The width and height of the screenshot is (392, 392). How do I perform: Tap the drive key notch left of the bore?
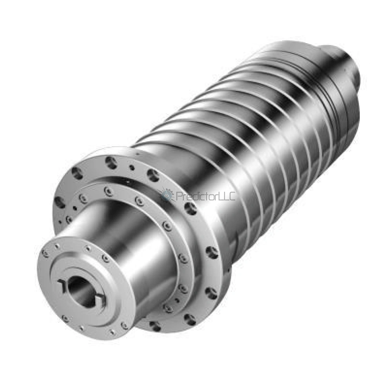(x=62, y=286)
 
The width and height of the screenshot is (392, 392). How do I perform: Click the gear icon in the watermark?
(x=167, y=195)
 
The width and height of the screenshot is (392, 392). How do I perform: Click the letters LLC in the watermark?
(x=227, y=196)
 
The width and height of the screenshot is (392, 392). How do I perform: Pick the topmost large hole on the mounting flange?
(x=111, y=162)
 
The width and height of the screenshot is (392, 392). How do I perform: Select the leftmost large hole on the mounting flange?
(x=60, y=202)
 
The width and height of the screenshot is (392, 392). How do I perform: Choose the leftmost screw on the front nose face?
(x=45, y=253)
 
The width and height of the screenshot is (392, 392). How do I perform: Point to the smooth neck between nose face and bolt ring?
(x=129, y=243)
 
